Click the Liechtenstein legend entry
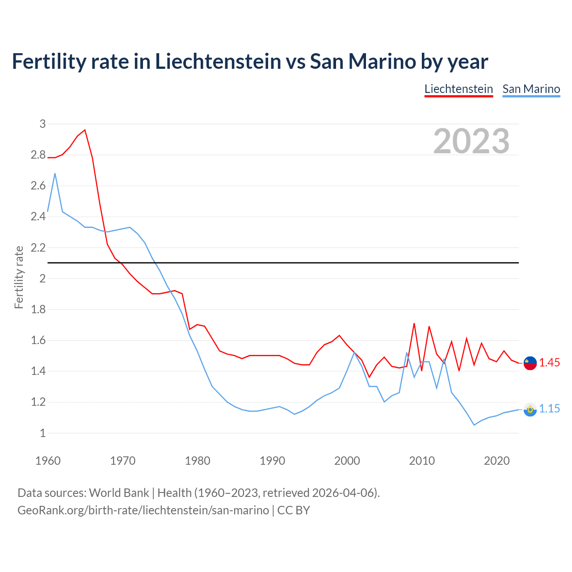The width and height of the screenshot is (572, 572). click(458, 89)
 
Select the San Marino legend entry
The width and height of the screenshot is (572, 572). click(531, 89)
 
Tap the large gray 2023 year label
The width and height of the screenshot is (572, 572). click(471, 141)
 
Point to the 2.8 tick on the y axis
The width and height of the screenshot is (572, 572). click(38, 155)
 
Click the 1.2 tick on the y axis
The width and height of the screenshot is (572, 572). click(38, 402)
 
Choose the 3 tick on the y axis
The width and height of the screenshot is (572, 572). click(42, 124)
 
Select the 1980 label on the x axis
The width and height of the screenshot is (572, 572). click(198, 461)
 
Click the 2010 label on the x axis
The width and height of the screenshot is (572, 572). click(422, 461)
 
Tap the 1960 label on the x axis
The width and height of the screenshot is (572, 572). click(48, 461)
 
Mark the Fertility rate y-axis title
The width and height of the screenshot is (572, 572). click(19, 277)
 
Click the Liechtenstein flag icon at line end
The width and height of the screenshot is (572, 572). click(530, 363)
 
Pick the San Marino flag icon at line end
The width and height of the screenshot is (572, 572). click(530, 409)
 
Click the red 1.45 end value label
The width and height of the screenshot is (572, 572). click(549, 362)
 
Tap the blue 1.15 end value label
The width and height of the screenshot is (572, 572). click(549, 408)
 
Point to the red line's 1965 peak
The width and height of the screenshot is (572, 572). click(85, 130)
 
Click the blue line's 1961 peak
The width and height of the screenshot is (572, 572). click(55, 173)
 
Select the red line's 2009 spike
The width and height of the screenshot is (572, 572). click(414, 323)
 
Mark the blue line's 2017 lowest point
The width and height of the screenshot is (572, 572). click(474, 425)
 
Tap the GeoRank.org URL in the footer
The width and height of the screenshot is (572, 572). click(143, 510)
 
